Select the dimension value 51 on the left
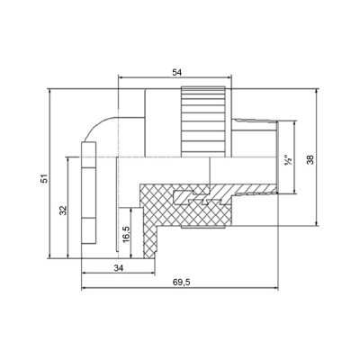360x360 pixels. coord(43,179)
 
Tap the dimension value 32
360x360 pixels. coord(62,210)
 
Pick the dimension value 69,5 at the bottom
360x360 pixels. coord(183,282)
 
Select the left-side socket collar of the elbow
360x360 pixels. coord(87,193)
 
